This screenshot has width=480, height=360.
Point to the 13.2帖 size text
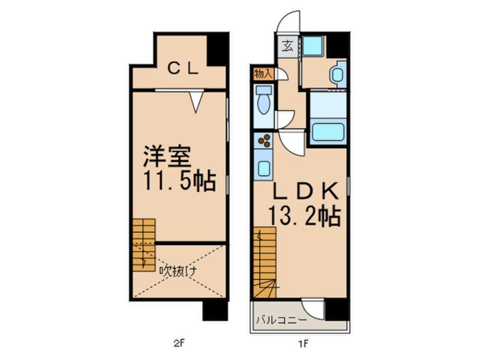pos(304,216)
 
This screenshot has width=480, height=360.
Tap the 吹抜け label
pos(177,271)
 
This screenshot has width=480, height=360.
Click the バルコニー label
pos(280,321)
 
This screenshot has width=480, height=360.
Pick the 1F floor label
pos(303,344)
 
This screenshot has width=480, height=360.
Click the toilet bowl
pos(263,104)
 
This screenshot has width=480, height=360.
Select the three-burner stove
pos(264,141)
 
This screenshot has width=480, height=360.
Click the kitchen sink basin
pos(264,168)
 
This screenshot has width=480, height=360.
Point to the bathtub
pos(328,132)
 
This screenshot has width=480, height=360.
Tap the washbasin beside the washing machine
pos(337,73)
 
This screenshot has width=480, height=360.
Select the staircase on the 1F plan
pos(264,262)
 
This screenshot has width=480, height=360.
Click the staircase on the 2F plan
pos(144,244)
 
